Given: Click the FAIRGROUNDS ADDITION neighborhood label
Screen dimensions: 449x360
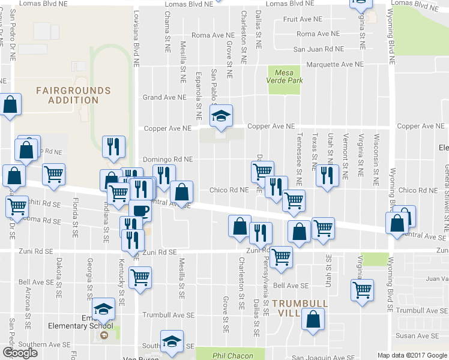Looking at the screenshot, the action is (x=73, y=95).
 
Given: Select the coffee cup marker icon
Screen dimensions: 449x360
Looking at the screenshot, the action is (x=140, y=211).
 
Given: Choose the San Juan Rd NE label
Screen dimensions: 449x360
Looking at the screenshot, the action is (x=318, y=49).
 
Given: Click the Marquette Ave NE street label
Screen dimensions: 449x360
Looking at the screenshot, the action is (x=335, y=64).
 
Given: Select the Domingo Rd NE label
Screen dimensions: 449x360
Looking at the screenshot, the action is (x=168, y=160).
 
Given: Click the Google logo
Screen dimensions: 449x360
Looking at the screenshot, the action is (x=20, y=353).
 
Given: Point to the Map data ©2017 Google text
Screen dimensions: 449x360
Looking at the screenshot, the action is (x=412, y=355).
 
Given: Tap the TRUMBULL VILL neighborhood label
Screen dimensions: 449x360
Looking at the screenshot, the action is (x=300, y=304).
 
